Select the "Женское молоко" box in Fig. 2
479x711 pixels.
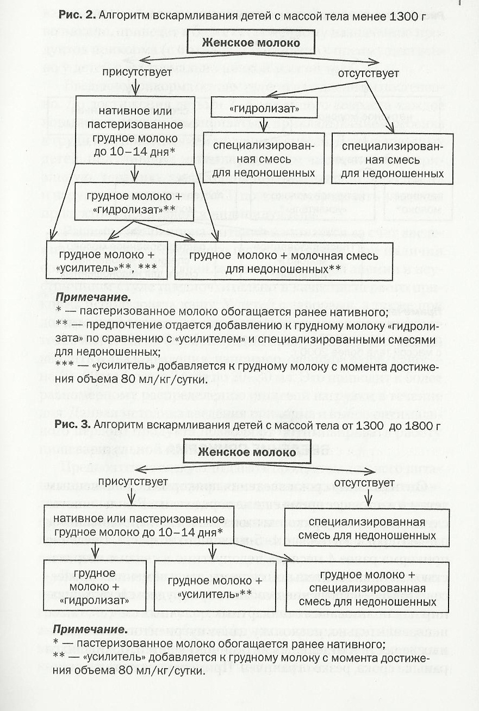click(x=251, y=42)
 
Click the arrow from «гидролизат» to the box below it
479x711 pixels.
click(x=263, y=124)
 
